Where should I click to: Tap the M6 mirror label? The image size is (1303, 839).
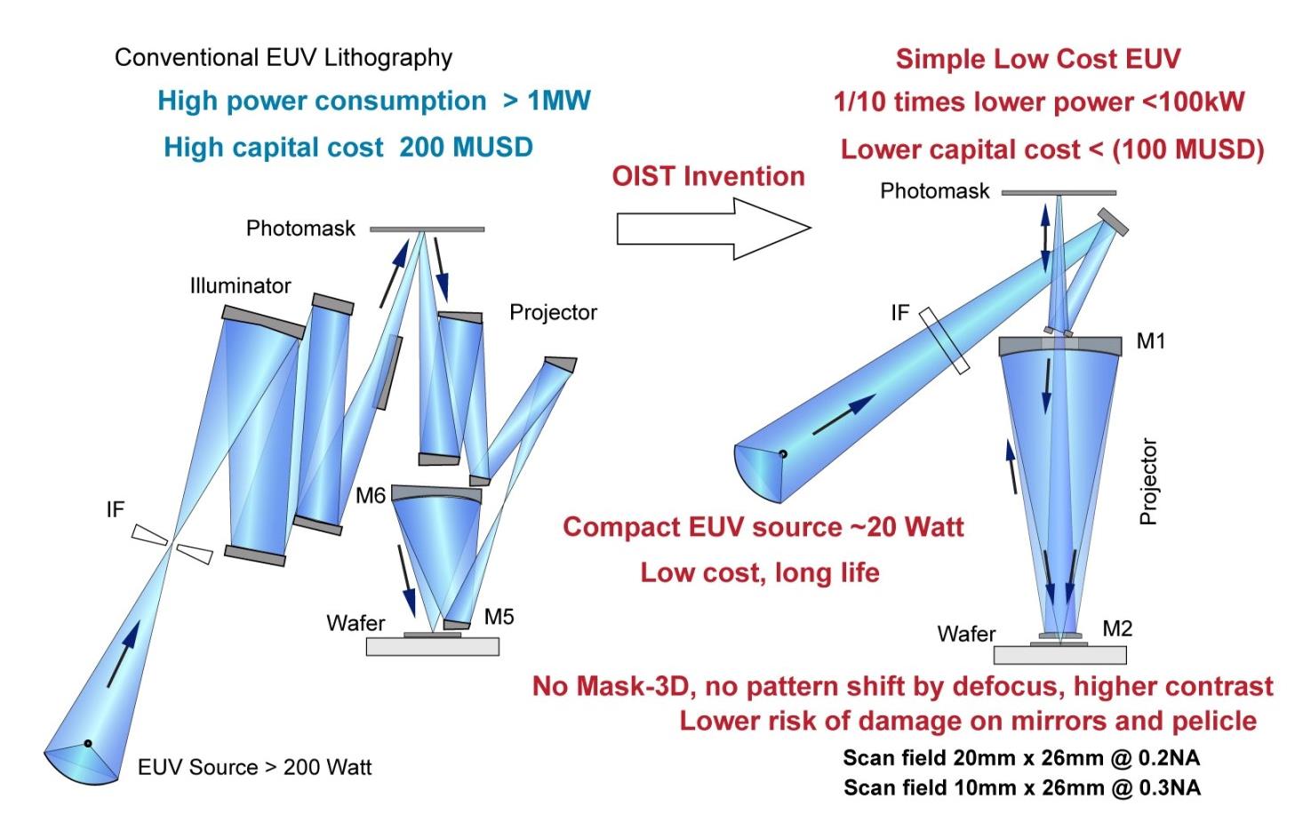click(371, 495)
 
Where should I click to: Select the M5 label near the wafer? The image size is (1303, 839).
click(499, 616)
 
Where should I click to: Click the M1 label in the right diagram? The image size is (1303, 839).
click(1150, 341)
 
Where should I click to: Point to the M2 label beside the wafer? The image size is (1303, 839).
click(1117, 628)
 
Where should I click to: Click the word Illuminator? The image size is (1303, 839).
click(240, 286)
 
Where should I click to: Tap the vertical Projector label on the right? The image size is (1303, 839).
click(1148, 481)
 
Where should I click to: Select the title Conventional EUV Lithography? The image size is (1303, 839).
click(284, 59)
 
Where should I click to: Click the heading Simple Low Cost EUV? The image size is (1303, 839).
click(1038, 60)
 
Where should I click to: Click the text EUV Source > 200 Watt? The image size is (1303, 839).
click(255, 767)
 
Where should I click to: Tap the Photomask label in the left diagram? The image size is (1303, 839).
click(300, 228)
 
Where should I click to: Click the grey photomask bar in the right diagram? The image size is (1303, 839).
click(1058, 192)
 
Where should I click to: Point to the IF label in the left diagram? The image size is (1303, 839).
click(115, 509)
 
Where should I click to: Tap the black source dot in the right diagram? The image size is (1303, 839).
click(783, 454)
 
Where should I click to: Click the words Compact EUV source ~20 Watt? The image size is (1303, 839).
click(763, 526)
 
